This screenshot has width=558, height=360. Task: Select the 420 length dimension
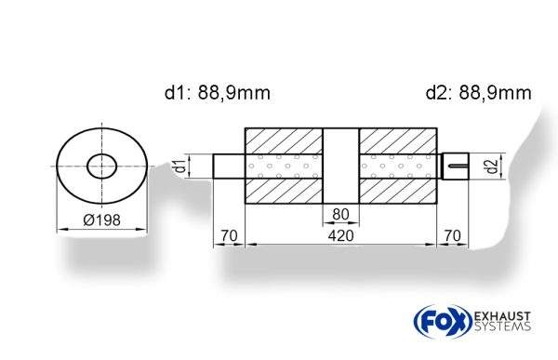(340, 236)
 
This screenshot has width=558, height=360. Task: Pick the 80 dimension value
(340, 214)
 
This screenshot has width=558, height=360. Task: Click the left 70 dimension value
(227, 236)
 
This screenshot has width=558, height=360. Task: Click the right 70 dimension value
(453, 236)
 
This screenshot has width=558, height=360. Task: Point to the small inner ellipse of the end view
(101, 167)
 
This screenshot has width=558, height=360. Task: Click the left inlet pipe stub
(228, 167)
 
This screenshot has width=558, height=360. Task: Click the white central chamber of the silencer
(340, 167)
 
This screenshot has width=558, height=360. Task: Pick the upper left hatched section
(283, 140)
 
